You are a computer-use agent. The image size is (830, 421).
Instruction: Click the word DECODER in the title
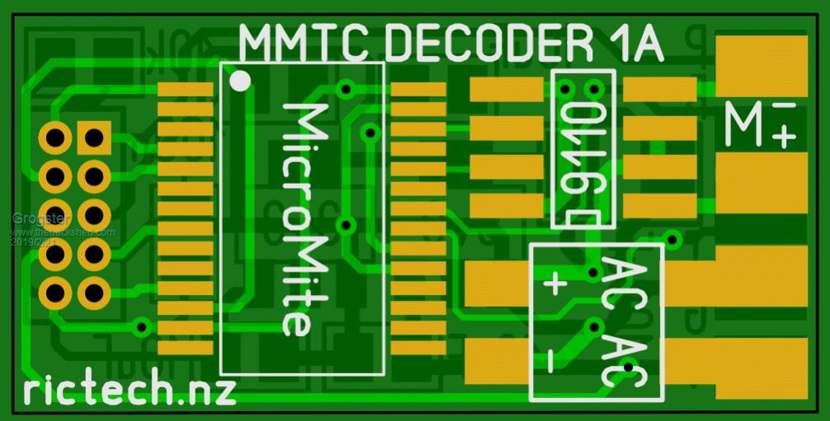click(479, 44)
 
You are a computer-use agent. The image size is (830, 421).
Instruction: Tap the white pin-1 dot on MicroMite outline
click(240, 81)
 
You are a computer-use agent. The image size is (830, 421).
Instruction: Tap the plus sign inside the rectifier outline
click(555, 284)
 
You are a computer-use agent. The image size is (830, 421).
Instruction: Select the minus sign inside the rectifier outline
click(550, 359)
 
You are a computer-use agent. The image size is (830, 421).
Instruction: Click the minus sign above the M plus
click(785, 106)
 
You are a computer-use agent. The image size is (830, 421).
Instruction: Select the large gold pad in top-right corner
click(761, 65)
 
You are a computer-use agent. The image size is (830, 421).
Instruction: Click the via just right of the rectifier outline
click(672, 241)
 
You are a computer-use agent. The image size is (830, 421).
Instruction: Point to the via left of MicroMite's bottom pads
click(142, 327)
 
